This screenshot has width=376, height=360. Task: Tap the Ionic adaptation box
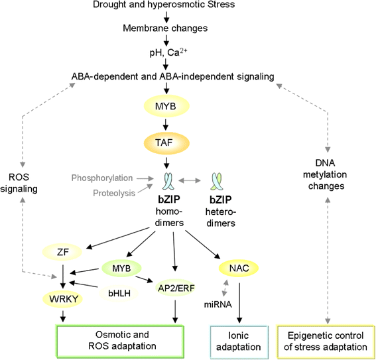pyautogui.click(x=238, y=340)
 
